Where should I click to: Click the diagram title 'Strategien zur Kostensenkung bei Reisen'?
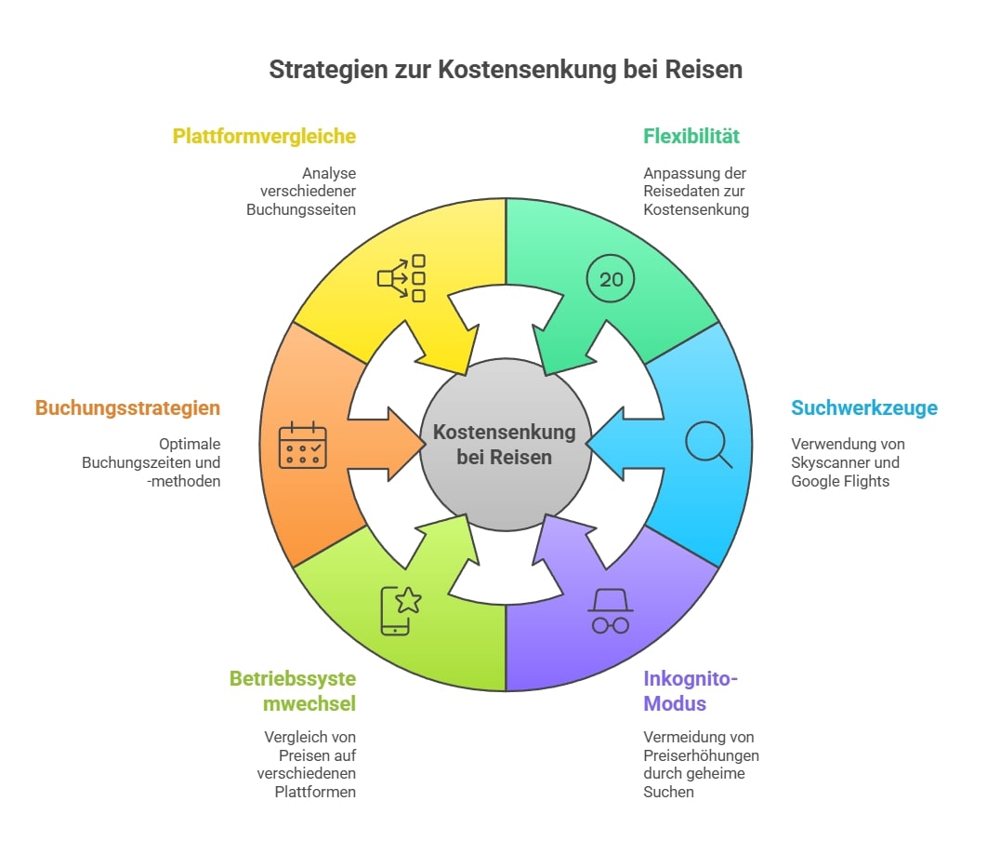(x=506, y=70)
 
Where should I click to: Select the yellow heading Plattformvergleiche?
(x=264, y=136)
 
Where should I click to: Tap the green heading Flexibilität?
(x=691, y=136)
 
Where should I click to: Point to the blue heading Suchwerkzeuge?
(x=864, y=407)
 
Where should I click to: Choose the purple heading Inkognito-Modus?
(x=691, y=690)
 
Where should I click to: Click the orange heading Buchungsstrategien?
(x=128, y=407)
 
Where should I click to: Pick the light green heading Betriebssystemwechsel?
(x=293, y=690)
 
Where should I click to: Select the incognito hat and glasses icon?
(x=611, y=612)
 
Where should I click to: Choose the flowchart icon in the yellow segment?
(x=401, y=278)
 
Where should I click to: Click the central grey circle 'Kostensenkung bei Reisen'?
(x=505, y=445)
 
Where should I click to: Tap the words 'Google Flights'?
(x=840, y=481)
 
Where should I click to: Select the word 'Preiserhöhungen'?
(x=701, y=754)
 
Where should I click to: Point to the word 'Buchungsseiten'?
(x=301, y=210)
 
